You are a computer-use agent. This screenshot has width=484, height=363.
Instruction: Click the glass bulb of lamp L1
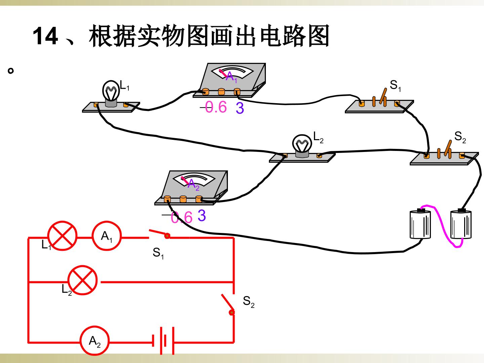pos(111,91)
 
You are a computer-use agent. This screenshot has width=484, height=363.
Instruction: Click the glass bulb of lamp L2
pos(302,144)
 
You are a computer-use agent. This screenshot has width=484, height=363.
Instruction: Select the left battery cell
pos(420,224)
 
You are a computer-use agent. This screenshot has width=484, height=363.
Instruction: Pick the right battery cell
pos(461,224)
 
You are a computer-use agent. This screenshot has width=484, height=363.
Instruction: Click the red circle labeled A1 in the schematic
pos(107,236)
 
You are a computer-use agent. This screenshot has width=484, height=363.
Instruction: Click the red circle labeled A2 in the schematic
pos(94,340)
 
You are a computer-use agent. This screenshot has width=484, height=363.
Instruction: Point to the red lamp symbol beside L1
pos(63,236)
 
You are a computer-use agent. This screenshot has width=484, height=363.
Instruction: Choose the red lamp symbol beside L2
pos(82,280)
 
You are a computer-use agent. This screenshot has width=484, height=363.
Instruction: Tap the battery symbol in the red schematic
pos(163,341)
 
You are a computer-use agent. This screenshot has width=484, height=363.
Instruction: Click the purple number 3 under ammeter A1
pos(240,108)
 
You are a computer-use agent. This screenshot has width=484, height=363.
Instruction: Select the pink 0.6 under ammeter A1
pos(216,107)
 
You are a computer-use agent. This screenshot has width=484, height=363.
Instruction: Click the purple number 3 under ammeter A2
pos(202,215)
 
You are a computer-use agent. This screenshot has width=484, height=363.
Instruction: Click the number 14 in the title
pos(45,36)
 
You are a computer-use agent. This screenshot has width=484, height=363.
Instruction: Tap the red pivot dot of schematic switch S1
pos(167,236)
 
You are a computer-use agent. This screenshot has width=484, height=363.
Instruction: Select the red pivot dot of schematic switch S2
pos(232,312)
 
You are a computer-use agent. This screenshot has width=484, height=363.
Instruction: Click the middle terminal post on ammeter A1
pos(221,91)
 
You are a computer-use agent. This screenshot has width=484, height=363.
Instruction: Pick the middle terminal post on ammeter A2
pos(183,199)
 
